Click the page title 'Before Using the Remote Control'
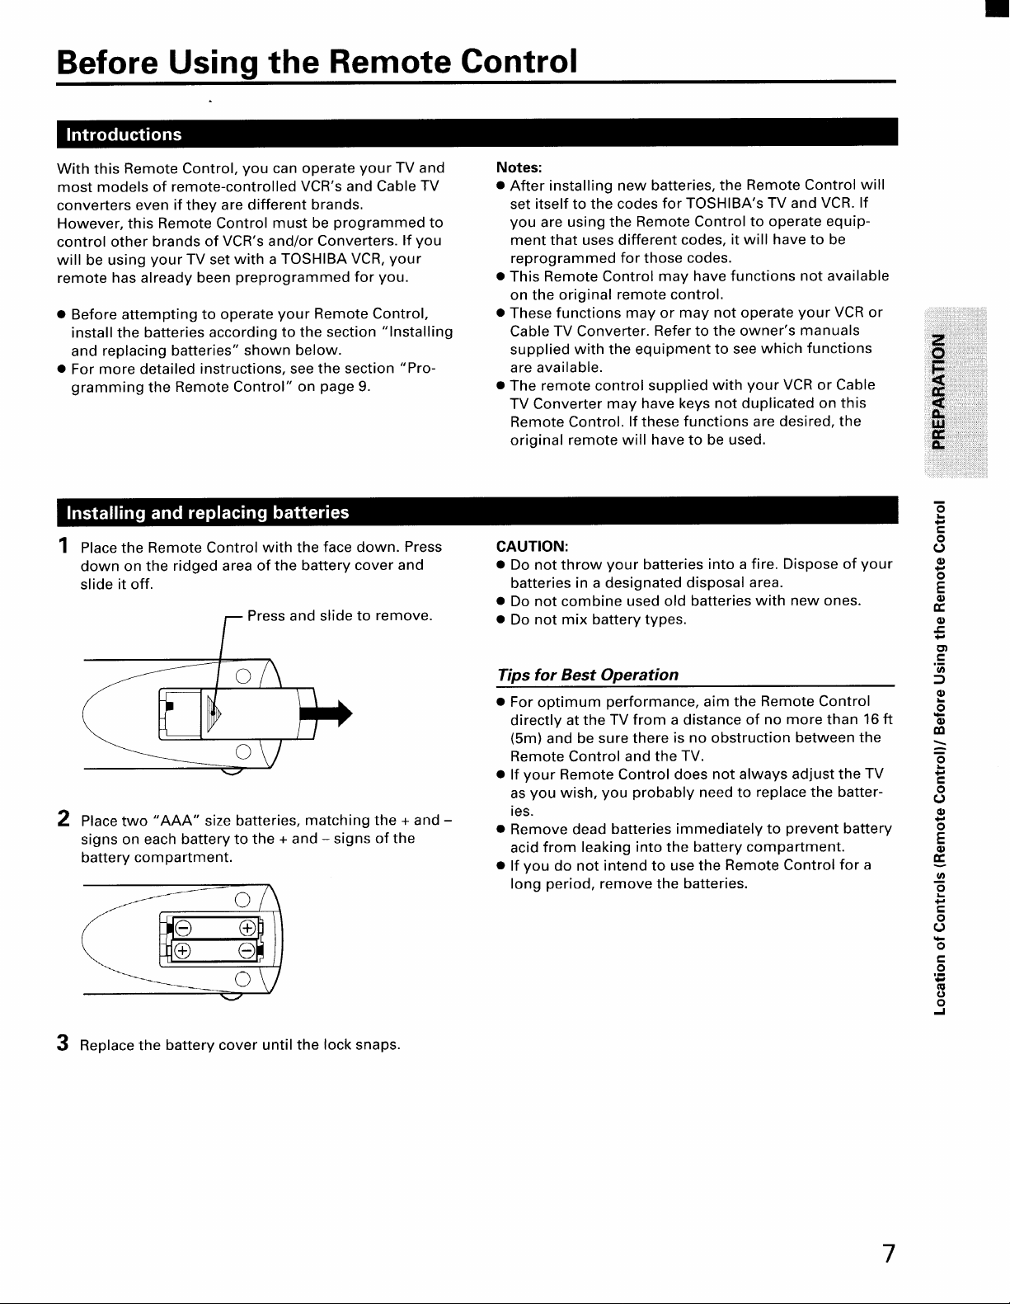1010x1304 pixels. [x=317, y=61]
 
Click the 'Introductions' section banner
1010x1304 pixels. [x=124, y=134]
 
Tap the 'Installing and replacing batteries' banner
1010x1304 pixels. [x=207, y=512]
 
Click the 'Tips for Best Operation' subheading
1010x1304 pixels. [x=587, y=675]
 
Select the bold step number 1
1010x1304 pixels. [x=63, y=545]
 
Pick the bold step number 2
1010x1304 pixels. [x=63, y=819]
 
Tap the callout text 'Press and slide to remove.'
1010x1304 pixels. [x=340, y=615]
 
